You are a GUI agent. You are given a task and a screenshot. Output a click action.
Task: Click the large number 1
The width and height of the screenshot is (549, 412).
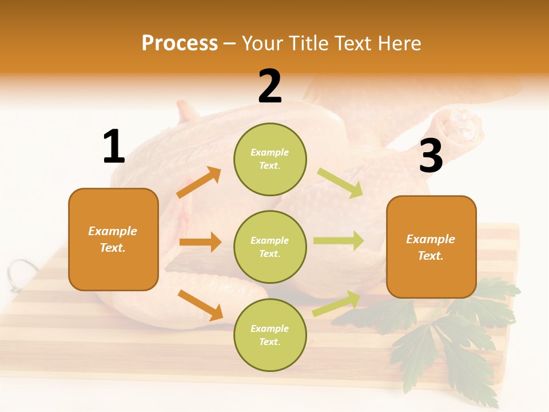click(x=114, y=146)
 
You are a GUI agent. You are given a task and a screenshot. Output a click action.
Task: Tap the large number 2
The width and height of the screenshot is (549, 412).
click(x=270, y=86)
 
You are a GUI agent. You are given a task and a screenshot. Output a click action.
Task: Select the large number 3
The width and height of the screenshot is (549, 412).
click(x=431, y=156)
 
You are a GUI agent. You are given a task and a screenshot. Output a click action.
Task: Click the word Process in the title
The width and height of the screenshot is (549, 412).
click(x=180, y=43)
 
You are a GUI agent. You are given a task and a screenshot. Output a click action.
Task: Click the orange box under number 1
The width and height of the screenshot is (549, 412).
click(x=113, y=239)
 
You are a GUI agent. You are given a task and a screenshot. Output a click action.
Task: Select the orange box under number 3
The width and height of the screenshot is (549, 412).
click(x=431, y=247)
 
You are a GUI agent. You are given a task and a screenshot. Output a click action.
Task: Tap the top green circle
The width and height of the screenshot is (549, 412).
click(x=270, y=159)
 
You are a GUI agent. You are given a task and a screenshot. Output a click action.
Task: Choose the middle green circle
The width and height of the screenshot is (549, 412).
click(x=270, y=247)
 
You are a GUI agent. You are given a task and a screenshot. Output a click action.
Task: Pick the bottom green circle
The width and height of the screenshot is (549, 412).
click(x=270, y=335)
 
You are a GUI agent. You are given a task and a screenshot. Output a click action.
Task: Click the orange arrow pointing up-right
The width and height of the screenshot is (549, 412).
click(x=199, y=183)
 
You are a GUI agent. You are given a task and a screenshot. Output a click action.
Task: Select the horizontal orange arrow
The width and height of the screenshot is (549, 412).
click(x=200, y=242)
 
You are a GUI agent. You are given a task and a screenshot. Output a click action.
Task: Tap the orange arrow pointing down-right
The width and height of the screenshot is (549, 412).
click(x=200, y=305)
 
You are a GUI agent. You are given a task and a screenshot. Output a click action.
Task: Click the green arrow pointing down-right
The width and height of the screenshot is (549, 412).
click(x=340, y=183)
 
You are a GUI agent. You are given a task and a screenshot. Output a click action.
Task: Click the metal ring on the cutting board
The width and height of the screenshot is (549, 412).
click(x=21, y=269)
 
